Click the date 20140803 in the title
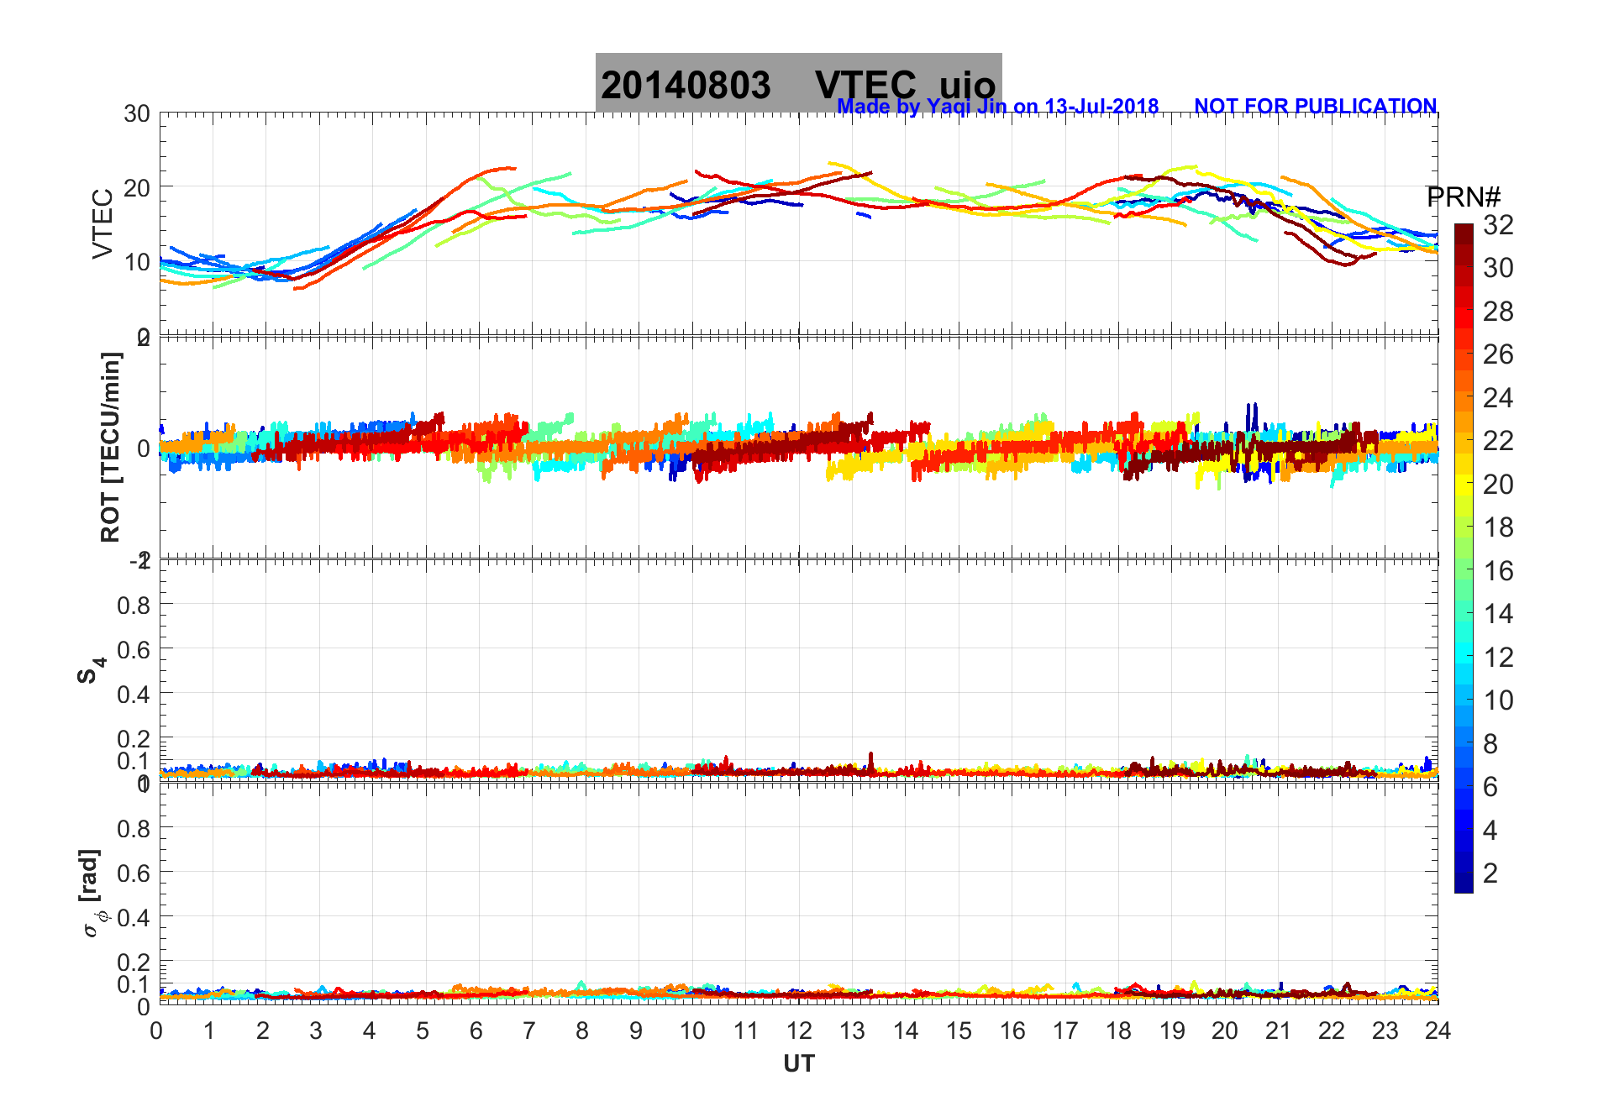click(686, 86)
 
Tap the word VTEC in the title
click(865, 86)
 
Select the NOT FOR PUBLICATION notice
click(1315, 107)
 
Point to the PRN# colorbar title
click(1464, 198)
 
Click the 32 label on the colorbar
click(1498, 225)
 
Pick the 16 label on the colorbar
click(1498, 571)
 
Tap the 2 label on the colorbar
click(1490, 873)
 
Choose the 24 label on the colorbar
click(1498, 398)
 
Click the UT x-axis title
click(799, 1064)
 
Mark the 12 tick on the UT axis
click(799, 1030)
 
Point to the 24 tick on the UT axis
click(1438, 1030)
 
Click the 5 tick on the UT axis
click(423, 1030)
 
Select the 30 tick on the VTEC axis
click(137, 114)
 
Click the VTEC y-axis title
click(103, 224)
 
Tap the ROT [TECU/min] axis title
click(110, 448)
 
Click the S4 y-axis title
click(91, 670)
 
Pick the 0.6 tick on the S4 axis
click(134, 649)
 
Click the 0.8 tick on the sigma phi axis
click(134, 828)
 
